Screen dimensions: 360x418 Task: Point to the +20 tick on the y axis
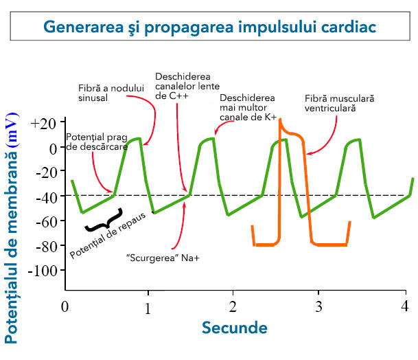click(x=43, y=124)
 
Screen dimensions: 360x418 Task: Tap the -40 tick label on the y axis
click(x=44, y=196)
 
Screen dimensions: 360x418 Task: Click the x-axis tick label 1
click(x=148, y=308)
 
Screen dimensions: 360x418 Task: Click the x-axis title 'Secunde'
click(x=234, y=328)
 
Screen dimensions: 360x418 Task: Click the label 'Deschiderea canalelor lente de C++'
click(x=183, y=86)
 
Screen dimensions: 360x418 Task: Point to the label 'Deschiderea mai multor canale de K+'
click(x=248, y=108)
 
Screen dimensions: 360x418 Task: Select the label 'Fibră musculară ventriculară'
click(x=340, y=104)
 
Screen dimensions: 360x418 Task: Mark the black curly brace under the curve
click(x=104, y=221)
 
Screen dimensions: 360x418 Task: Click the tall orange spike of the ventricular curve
click(x=280, y=179)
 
